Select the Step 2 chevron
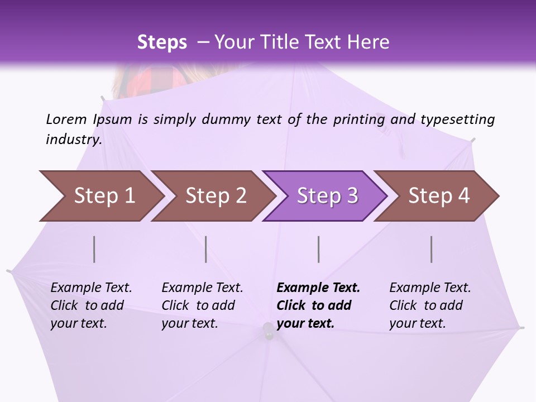coord(215,196)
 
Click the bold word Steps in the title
coord(162,42)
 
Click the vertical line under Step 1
coord(94,249)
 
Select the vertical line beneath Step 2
coord(206,249)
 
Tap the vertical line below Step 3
coord(318,249)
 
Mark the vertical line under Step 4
coord(432,249)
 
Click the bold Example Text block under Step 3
coord(318,305)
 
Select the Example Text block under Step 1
coord(91,305)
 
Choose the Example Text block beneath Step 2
coord(202,305)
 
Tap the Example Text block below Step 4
coord(430,305)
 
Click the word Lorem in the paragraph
coord(66,119)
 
